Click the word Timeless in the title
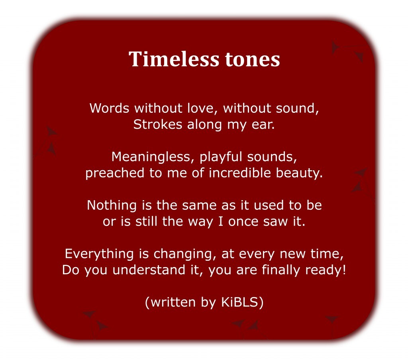(174, 59)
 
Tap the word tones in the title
(252, 59)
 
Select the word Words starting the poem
(109, 108)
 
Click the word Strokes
(158, 124)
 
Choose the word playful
(221, 157)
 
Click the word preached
(115, 173)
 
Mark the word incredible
(240, 173)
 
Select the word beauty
(300, 173)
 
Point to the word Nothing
(112, 205)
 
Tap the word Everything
(99, 254)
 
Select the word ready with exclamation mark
(326, 270)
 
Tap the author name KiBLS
(239, 302)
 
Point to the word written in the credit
(173, 302)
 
